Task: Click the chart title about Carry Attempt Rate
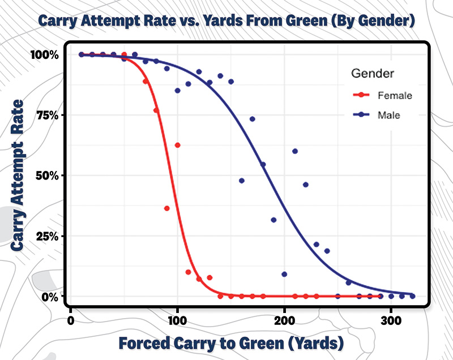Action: click(226, 22)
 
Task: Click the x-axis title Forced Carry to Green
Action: click(231, 343)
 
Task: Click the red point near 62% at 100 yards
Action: click(178, 145)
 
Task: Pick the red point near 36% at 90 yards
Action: click(167, 208)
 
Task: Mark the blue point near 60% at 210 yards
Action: click(295, 151)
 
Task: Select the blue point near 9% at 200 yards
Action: click(284, 275)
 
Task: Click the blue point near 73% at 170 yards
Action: click(253, 119)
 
